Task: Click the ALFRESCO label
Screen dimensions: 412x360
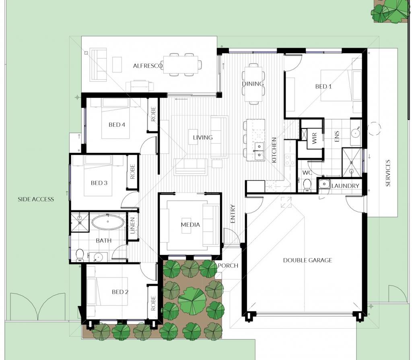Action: coord(148,66)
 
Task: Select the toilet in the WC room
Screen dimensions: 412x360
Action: coord(307,185)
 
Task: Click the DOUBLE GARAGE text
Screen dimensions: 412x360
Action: coord(307,261)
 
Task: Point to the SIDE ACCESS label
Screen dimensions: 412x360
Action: coord(36,199)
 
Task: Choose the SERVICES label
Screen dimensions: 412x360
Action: coord(388,173)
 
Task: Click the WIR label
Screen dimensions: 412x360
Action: coord(314,138)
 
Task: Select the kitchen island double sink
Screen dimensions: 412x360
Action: coord(259,151)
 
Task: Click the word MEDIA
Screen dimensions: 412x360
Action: coord(190,225)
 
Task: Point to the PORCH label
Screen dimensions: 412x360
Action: coord(228,266)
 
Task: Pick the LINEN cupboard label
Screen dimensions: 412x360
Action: coord(132,226)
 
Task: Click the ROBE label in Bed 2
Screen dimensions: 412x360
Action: coord(153,303)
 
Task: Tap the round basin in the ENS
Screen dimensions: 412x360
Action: coord(356,133)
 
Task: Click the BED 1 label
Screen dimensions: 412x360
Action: coord(323,87)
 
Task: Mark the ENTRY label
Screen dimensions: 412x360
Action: coord(233,214)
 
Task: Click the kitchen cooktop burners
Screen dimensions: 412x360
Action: coord(290,160)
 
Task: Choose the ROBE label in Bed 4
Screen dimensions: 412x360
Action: coord(153,114)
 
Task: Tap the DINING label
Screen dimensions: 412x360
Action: coord(253,84)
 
